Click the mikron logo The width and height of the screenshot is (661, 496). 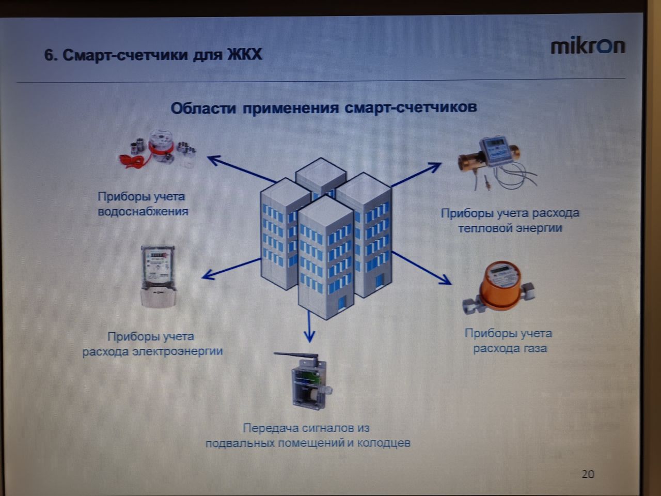click(588, 47)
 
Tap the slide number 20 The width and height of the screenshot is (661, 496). click(588, 474)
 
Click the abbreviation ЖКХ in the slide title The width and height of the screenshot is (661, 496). click(245, 55)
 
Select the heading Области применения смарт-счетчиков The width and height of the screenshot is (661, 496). click(324, 107)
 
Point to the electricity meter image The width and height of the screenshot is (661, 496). click(159, 277)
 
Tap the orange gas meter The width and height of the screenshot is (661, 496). click(499, 288)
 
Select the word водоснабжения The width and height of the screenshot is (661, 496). click(143, 211)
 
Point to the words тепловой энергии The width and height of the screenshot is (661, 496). click(510, 228)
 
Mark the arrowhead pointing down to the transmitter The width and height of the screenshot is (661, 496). click(309, 337)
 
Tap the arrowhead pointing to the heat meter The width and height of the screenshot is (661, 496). click(436, 166)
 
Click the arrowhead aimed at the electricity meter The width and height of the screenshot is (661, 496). click(207, 275)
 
